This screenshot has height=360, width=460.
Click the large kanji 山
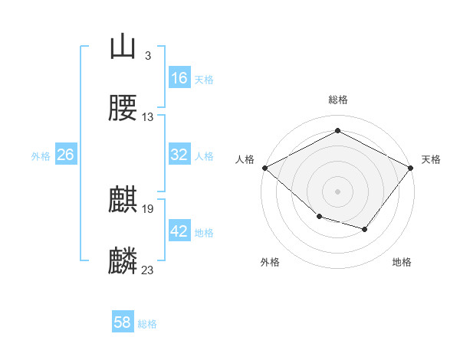click(123, 46)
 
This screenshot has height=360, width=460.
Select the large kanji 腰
click(123, 107)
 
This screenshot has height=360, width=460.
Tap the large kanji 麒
click(123, 199)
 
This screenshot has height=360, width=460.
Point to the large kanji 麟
click(123, 260)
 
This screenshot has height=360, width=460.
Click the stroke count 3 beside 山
click(148, 56)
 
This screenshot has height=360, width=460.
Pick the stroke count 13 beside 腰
click(147, 117)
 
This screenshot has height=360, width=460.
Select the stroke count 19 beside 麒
click(147, 209)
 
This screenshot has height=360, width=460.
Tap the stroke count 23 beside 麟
click(147, 270)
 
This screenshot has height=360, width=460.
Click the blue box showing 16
click(179, 77)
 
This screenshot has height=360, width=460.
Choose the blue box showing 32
click(179, 154)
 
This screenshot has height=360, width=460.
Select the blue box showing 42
click(179, 230)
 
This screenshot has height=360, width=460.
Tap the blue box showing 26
click(66, 154)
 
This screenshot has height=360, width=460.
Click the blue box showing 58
click(123, 321)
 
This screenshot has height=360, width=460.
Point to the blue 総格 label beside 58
click(147, 324)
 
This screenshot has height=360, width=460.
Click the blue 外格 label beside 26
click(41, 156)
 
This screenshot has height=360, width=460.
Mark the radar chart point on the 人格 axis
click(265, 168)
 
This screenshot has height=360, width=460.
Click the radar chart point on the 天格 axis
click(410, 168)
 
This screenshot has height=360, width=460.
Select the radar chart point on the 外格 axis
click(320, 217)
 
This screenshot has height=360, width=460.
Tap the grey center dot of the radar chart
click(337, 191)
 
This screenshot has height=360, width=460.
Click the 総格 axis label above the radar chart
click(338, 100)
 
